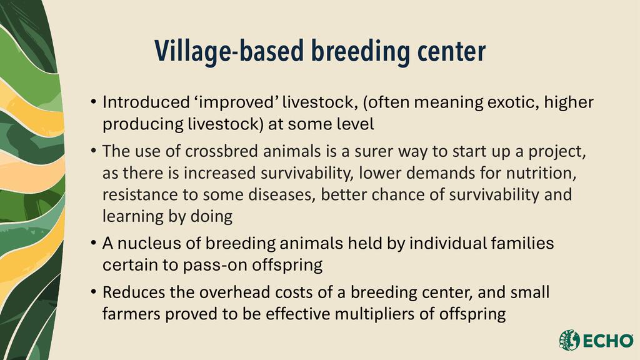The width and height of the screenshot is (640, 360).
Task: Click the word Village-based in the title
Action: [x=229, y=51]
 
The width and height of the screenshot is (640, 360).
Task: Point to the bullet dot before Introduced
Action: [x=94, y=101]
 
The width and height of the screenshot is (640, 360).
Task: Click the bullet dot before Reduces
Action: [x=94, y=291]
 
